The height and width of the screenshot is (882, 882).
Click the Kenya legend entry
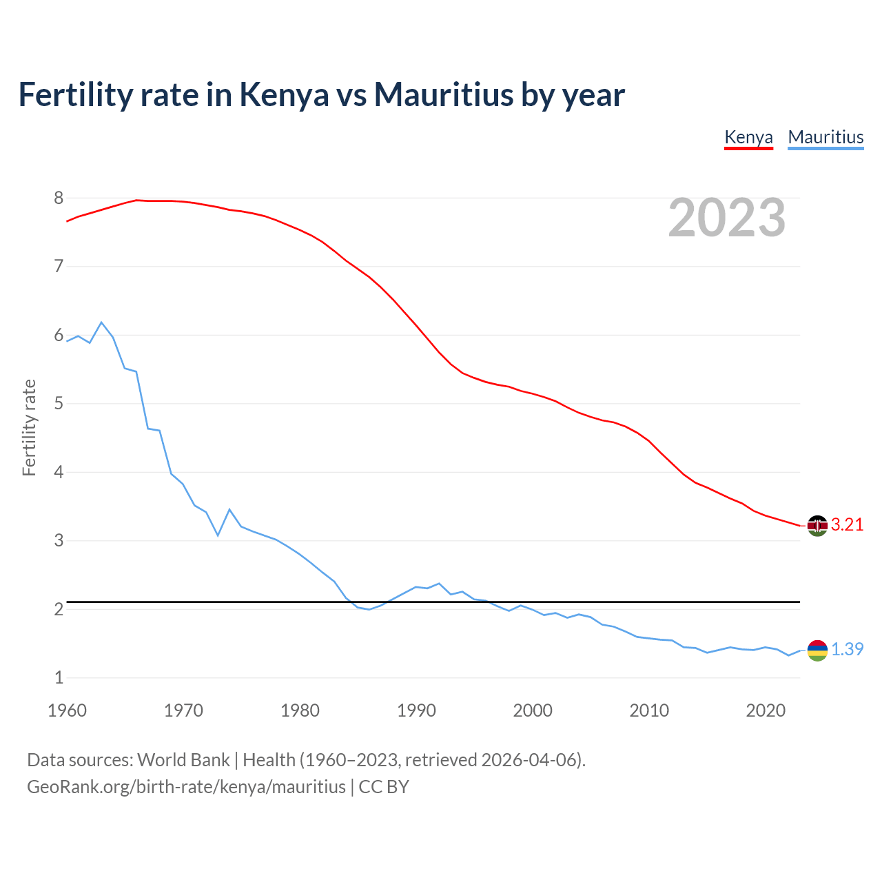(x=748, y=137)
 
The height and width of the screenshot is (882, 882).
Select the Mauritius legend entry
(x=825, y=137)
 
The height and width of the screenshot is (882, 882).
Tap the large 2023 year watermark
(x=726, y=218)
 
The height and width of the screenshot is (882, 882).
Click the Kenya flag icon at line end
(x=817, y=526)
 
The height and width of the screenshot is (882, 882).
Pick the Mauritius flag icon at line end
(x=817, y=650)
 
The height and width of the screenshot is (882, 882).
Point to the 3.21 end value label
(x=847, y=525)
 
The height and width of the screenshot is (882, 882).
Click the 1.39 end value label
(x=847, y=650)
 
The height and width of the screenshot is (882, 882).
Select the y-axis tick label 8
(x=59, y=198)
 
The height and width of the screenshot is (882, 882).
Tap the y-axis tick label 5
(x=59, y=404)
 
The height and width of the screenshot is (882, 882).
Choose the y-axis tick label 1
(x=59, y=678)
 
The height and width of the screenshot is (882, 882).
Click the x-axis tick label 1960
(x=67, y=710)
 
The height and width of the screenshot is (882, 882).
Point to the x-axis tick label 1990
(x=416, y=710)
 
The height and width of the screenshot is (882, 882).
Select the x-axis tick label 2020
(x=766, y=710)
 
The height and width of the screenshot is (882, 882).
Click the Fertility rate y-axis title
(x=29, y=427)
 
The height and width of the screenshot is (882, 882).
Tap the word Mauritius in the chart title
(x=444, y=95)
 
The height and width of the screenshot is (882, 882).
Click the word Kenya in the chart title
(x=284, y=95)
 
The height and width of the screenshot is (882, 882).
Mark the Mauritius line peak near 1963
(x=101, y=322)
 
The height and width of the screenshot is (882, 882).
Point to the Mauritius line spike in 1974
(x=229, y=509)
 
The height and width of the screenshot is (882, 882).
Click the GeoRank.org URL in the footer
(x=186, y=787)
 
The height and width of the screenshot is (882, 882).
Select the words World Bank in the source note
(x=183, y=760)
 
